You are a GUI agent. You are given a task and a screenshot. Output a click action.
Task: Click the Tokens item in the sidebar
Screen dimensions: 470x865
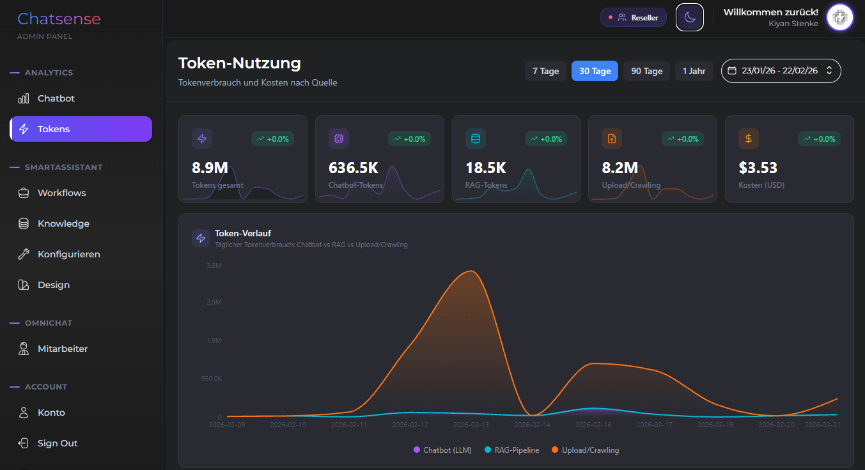pyautogui.click(x=81, y=129)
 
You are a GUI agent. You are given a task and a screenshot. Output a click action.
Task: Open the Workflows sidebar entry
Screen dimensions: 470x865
pyautogui.click(x=61, y=193)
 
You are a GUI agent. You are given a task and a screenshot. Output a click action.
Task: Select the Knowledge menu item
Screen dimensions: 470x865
pyautogui.click(x=63, y=224)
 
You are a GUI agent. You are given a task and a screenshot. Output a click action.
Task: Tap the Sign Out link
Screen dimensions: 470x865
pyautogui.click(x=57, y=443)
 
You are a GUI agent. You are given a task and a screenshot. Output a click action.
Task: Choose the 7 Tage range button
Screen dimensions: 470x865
pyautogui.click(x=545, y=71)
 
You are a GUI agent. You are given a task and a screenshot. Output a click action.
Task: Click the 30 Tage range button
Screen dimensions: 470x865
pyautogui.click(x=595, y=71)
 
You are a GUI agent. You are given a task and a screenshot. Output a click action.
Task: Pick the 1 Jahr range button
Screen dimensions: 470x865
pyautogui.click(x=694, y=71)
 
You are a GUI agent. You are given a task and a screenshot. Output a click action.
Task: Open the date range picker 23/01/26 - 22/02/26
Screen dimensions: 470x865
pyautogui.click(x=781, y=71)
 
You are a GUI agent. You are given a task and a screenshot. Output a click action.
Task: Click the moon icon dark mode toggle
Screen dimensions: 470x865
pyautogui.click(x=689, y=17)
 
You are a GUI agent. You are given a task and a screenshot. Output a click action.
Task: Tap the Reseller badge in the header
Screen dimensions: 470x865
pyautogui.click(x=633, y=17)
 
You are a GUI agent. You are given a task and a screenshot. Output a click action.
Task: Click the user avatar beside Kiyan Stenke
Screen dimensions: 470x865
pyautogui.click(x=839, y=17)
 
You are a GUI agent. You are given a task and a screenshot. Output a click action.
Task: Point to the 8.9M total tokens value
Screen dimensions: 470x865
pyautogui.click(x=210, y=168)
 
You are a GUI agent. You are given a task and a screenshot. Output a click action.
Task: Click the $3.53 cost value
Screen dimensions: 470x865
pyautogui.click(x=758, y=168)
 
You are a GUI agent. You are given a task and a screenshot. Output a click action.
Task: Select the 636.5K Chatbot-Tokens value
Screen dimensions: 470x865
pyautogui.click(x=353, y=168)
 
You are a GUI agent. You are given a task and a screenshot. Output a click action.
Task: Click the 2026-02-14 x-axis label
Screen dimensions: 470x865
pyautogui.click(x=532, y=424)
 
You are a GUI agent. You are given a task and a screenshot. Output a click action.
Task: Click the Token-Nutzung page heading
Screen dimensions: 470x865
pyautogui.click(x=239, y=63)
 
